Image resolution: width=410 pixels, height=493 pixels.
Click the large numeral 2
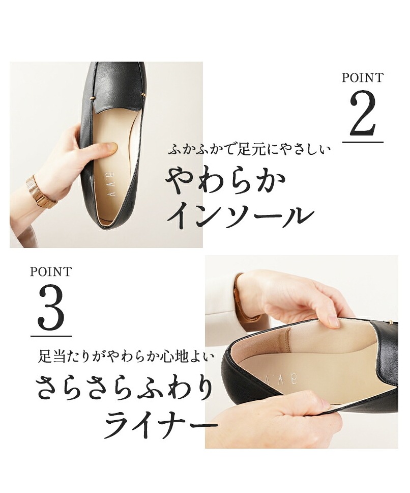[363, 114]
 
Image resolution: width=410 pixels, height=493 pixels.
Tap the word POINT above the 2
[363, 77]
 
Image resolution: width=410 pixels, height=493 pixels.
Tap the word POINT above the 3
[51, 271]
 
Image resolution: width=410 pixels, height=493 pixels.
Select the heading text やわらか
[226, 182]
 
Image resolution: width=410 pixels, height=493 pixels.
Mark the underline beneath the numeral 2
[363, 142]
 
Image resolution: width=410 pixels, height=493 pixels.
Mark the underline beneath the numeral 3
[51, 336]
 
